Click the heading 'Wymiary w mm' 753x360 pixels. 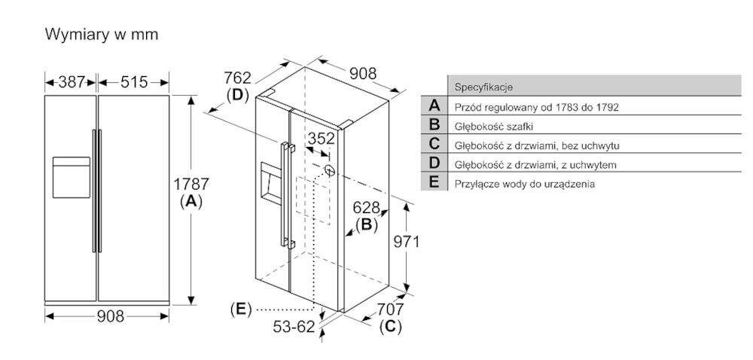pos(102,35)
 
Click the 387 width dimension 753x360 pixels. pos(72,82)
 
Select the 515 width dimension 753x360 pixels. pos(134,82)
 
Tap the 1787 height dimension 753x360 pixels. pos(191,184)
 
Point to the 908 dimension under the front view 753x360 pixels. pos(111,316)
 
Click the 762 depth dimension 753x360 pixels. pos(238,78)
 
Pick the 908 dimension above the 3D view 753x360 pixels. pos(363,74)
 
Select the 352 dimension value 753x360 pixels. pos(321,139)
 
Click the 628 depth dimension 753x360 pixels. pos(367,207)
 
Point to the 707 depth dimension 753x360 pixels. pos(390,309)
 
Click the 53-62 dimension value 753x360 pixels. pos(294,327)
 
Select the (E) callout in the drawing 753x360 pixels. pos(241,309)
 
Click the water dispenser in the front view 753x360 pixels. pos(71,177)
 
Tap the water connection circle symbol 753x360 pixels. pos(330,169)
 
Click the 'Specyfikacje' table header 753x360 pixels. pos(483,87)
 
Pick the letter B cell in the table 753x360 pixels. pos(434,125)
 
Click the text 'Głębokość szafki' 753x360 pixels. pos(494,127)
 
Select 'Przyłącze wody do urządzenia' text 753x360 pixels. pos(524,184)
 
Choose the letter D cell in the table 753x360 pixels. pos(434,163)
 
